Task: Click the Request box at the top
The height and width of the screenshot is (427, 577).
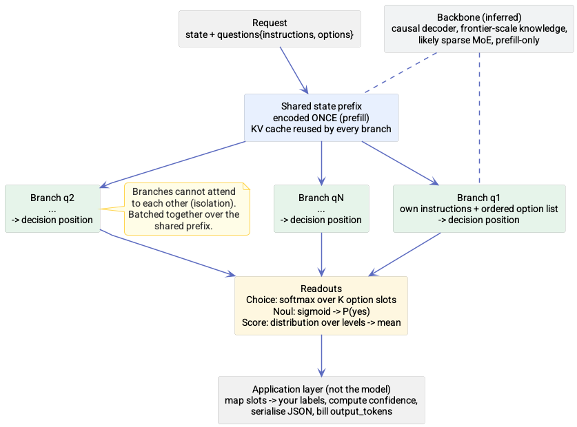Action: (270, 29)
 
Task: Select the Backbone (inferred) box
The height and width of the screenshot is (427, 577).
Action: (478, 29)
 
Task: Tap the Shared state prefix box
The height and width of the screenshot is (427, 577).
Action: (321, 118)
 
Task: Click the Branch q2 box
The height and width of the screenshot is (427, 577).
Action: (52, 209)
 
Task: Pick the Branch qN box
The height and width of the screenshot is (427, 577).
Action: (321, 209)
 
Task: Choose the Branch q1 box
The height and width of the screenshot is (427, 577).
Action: (479, 209)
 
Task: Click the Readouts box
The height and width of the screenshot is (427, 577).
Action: (321, 306)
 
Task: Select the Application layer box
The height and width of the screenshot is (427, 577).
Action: (321, 400)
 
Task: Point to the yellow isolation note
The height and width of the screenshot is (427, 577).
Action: (187, 209)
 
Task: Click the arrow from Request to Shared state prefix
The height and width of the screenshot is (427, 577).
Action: (294, 70)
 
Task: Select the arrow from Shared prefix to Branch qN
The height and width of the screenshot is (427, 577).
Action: (322, 163)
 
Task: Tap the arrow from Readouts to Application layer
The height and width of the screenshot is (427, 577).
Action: (322, 355)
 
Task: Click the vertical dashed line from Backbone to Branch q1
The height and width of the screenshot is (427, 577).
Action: (479, 118)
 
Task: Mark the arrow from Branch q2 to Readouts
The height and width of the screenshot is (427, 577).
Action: (168, 253)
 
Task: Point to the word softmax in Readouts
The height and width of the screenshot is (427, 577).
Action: (293, 300)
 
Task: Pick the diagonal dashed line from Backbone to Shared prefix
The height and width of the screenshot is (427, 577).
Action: (401, 72)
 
